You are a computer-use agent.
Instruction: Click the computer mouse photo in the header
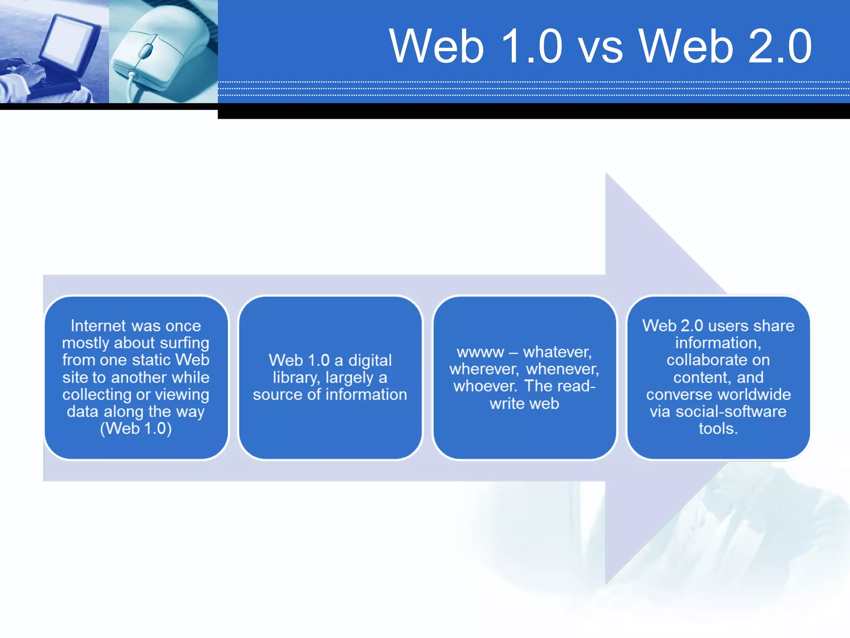163,52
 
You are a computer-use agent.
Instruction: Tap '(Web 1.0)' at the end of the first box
136,429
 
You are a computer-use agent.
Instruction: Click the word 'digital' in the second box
370,360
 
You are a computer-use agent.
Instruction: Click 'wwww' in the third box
480,352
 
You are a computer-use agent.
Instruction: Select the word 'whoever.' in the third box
485,386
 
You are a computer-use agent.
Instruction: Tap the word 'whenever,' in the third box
562,369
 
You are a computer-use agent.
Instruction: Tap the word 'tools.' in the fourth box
718,429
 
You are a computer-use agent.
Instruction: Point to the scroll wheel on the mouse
146,51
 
